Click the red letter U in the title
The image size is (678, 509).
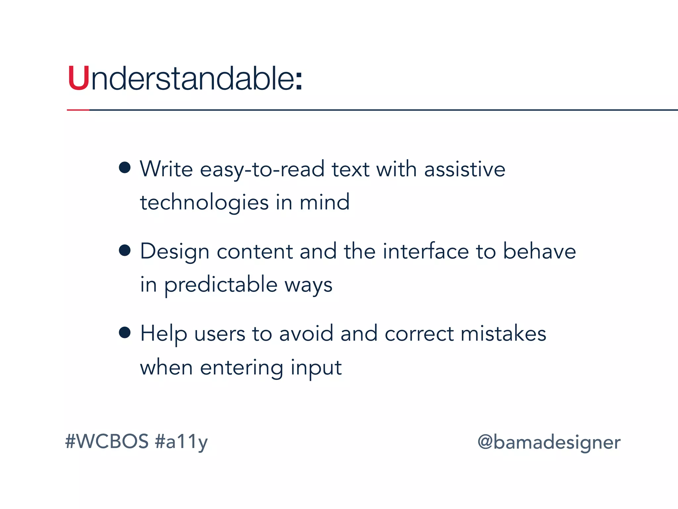(x=78, y=79)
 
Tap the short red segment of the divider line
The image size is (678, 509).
(x=78, y=110)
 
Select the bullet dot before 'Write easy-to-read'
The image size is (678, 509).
(x=124, y=167)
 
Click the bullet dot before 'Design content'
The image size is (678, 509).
(x=124, y=250)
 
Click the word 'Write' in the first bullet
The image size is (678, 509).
(x=166, y=169)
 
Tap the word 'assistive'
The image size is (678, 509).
(x=464, y=169)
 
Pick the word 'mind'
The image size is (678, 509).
(x=324, y=202)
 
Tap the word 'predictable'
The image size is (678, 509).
(x=221, y=285)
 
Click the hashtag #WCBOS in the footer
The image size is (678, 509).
(x=107, y=441)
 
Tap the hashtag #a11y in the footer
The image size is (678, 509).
(x=181, y=442)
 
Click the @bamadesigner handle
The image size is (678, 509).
(x=549, y=443)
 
